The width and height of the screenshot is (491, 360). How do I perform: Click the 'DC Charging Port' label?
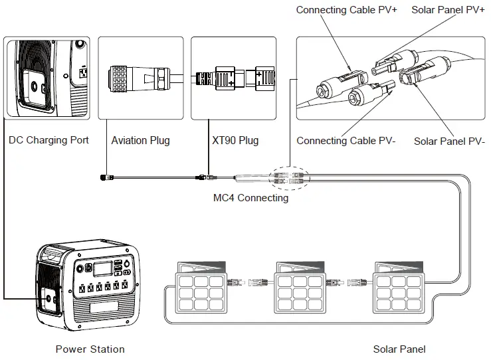49,140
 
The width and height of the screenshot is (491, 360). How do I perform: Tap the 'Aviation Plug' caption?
140,140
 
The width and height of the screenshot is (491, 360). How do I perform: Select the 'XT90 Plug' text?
235,140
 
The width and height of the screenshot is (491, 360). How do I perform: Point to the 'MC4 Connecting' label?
250,197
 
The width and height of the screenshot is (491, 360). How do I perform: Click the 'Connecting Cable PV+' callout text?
346,10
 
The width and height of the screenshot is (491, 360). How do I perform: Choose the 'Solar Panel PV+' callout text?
448,10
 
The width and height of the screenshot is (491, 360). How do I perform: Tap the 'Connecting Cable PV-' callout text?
346,140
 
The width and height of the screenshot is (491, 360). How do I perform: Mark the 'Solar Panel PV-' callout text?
449,141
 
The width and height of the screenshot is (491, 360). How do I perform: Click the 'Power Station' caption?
90,349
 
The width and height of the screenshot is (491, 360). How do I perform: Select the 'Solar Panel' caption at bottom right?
399,349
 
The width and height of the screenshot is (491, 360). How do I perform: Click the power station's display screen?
102,268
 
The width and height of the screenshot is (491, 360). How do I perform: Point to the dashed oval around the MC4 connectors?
288,177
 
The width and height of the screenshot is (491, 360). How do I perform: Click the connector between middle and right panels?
349,284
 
